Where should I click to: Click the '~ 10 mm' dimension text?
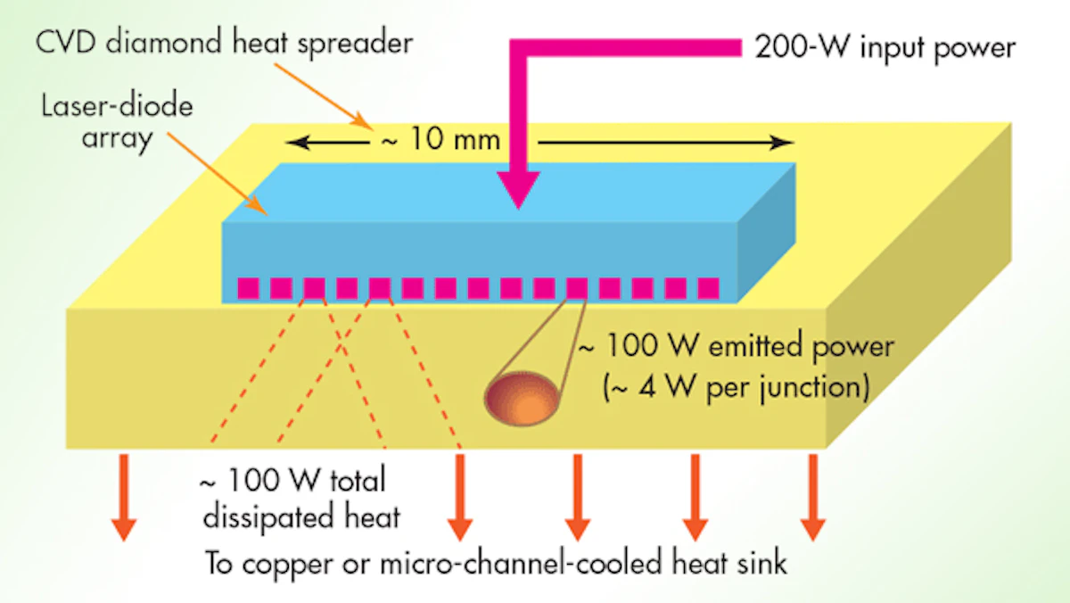[435, 142]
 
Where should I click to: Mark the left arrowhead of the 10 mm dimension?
[295, 142]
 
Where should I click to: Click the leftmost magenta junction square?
[248, 288]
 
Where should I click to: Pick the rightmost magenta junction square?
[708, 288]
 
